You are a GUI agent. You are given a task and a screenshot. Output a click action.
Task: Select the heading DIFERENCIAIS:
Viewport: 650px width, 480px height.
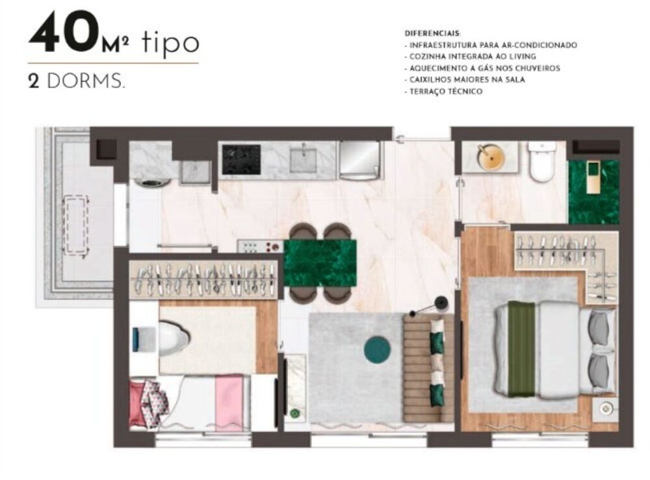point(432,33)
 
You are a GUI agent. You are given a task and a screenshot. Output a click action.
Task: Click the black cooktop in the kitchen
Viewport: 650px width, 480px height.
point(241,159)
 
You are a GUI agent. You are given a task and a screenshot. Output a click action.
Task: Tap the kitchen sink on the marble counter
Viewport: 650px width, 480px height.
point(303,160)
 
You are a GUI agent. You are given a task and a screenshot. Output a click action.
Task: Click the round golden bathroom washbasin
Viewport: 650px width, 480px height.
point(491,157)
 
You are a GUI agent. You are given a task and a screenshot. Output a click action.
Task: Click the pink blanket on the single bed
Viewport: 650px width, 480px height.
point(229,401)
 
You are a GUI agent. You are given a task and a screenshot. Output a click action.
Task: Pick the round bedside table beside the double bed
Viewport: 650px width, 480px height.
point(605,409)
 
